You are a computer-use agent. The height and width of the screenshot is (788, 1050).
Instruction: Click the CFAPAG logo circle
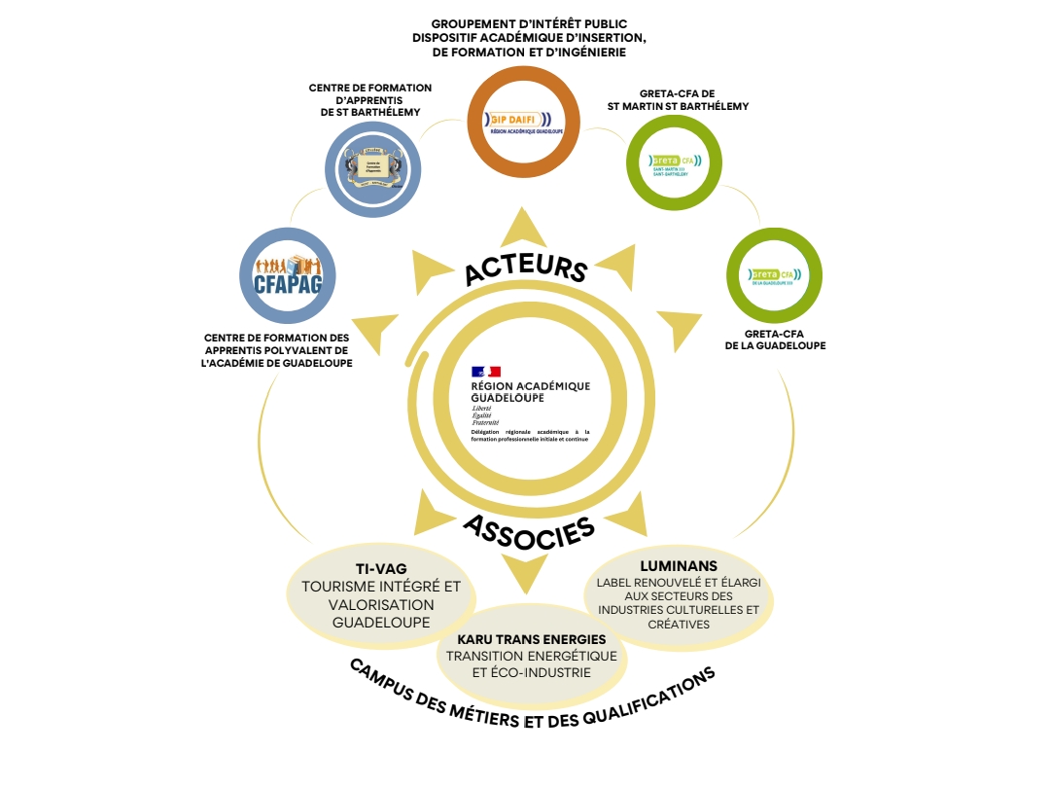coord(287,275)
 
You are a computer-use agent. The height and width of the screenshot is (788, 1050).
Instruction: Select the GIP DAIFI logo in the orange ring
coord(523,122)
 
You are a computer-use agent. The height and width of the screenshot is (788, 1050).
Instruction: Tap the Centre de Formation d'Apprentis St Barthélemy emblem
coord(373,167)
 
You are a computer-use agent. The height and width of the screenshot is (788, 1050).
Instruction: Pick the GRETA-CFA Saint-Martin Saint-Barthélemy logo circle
coord(675,161)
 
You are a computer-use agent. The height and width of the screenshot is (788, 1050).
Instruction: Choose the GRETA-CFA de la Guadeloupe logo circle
coord(775,274)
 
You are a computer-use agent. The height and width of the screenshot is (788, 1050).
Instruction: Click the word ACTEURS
coord(525,266)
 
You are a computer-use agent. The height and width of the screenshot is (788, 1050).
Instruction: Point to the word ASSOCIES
coord(528,531)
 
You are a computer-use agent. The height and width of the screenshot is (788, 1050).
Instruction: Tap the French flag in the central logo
coord(485,372)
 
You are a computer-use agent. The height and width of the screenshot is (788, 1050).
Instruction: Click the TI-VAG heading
coord(381,569)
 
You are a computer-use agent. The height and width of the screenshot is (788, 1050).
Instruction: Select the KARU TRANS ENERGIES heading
coord(531,639)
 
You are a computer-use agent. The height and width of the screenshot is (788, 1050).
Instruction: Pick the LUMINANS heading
coord(678,565)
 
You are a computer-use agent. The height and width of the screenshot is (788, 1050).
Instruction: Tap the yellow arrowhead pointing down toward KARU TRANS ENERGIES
coord(526,575)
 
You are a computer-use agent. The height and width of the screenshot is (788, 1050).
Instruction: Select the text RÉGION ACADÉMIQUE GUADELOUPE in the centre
coord(530,392)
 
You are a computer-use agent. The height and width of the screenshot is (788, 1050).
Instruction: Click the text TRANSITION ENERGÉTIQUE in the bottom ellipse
coord(531,656)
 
